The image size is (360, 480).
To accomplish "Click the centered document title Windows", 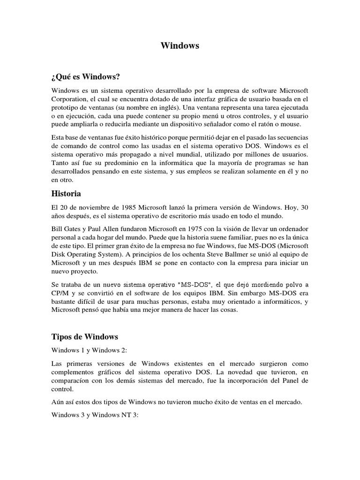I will (180, 45).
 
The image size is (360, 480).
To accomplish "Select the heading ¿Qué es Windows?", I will (89, 76).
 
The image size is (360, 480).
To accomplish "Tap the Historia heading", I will (66, 194).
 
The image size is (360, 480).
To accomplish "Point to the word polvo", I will (290, 284).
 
